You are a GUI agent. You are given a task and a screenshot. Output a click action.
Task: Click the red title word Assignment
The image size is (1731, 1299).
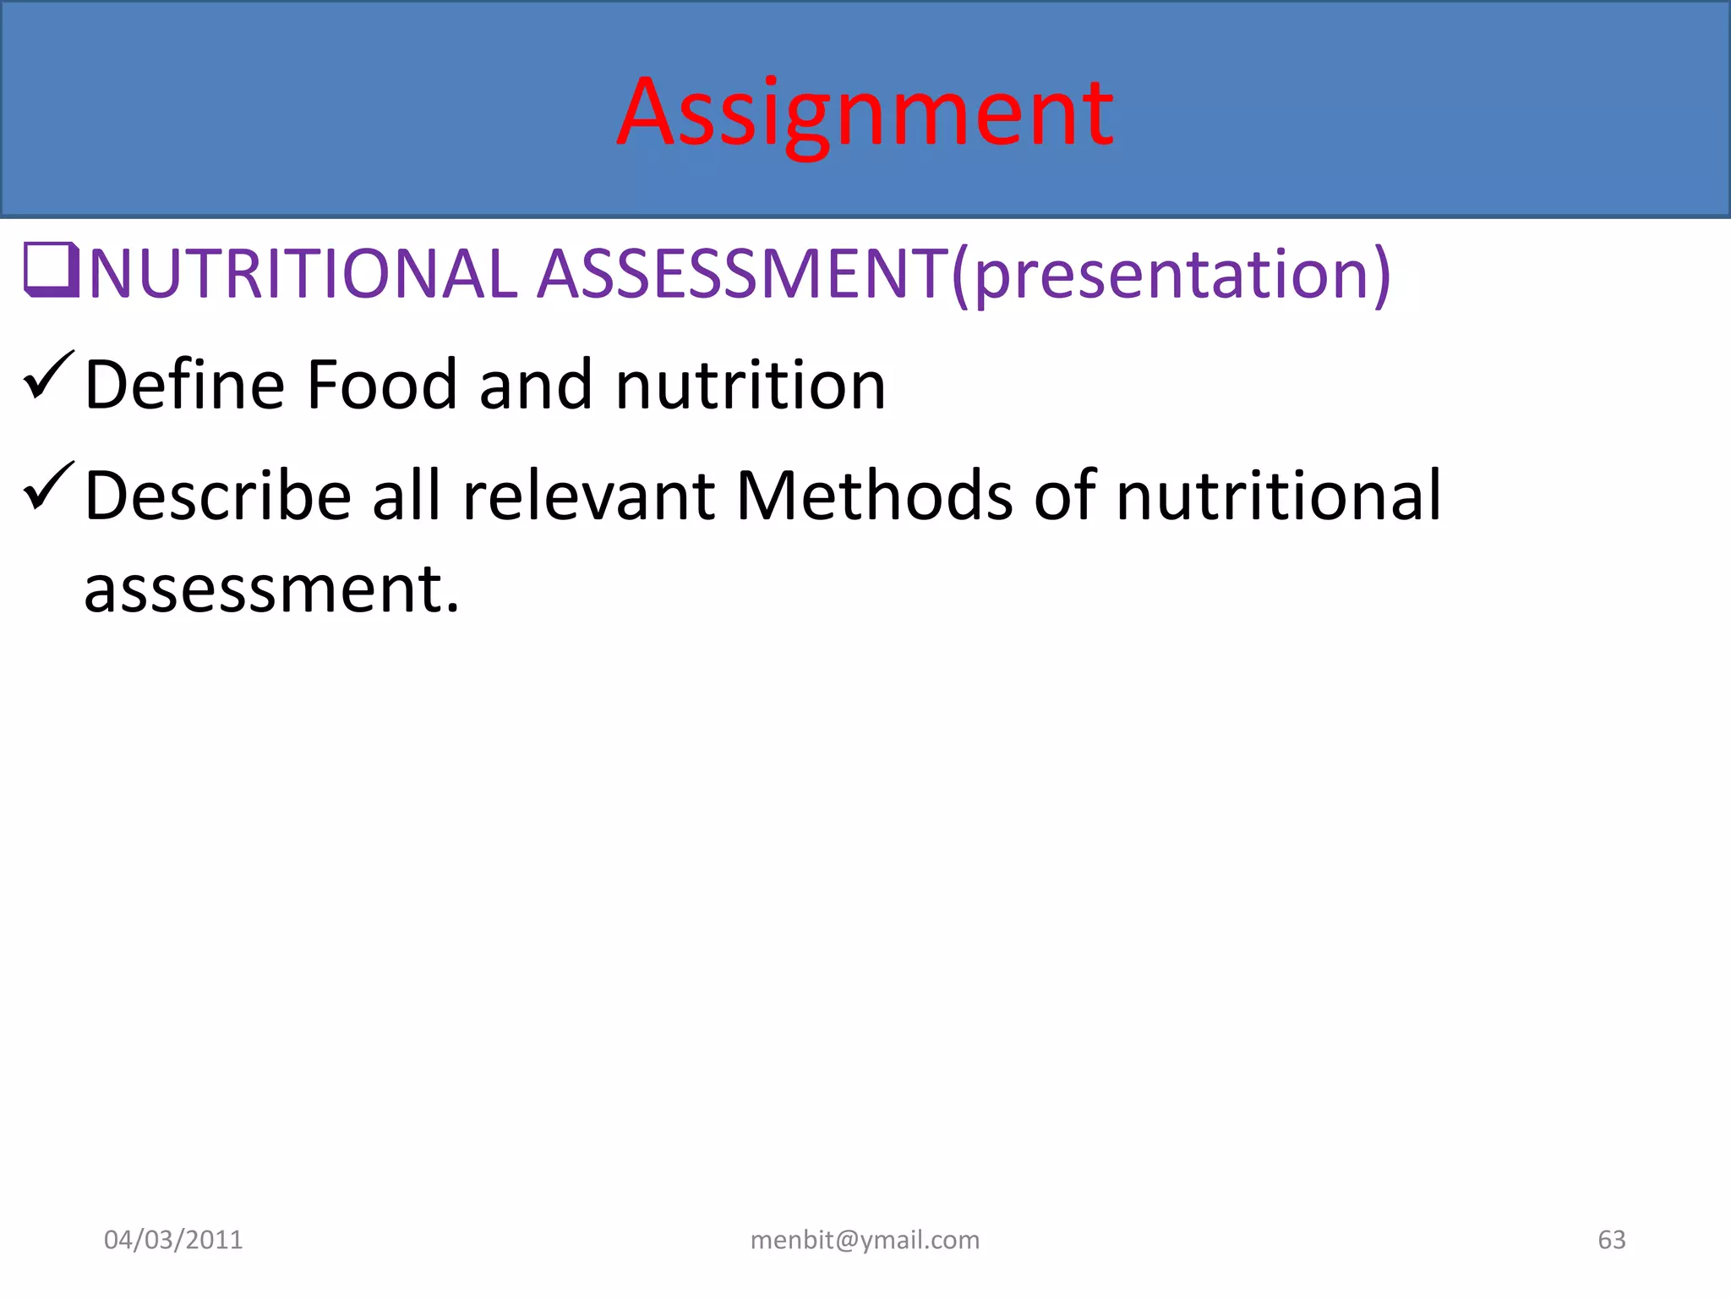click(x=865, y=114)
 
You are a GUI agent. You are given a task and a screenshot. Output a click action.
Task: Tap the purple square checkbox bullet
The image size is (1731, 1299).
click(x=51, y=270)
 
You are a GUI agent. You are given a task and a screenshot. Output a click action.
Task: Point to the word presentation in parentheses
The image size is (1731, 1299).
click(x=1171, y=276)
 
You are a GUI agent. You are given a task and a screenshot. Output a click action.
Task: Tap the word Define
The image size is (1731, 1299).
click(x=185, y=385)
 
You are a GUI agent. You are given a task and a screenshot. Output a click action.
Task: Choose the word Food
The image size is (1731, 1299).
click(x=382, y=385)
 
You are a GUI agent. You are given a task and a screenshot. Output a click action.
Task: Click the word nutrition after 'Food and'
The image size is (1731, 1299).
click(x=751, y=385)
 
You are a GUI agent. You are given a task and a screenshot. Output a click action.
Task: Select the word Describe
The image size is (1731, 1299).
click(x=218, y=496)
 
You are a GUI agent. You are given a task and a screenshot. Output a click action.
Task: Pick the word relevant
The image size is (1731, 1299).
click(x=589, y=496)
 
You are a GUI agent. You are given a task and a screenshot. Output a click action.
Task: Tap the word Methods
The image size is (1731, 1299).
click(x=874, y=496)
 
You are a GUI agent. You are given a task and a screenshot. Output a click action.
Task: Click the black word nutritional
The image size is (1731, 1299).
click(x=1278, y=496)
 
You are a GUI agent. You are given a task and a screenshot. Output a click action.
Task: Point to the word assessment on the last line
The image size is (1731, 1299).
click(x=271, y=589)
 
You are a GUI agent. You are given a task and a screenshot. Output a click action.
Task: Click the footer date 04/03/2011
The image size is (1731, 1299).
click(x=173, y=1240)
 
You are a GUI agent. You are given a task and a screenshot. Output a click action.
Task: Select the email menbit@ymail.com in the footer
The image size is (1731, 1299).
click(x=865, y=1240)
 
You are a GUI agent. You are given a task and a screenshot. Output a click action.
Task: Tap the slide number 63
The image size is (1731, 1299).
click(x=1611, y=1240)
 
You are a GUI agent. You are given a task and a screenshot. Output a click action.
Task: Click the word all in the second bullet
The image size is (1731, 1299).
click(x=407, y=496)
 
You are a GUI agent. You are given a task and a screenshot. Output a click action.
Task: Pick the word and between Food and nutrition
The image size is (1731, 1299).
click(x=536, y=385)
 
